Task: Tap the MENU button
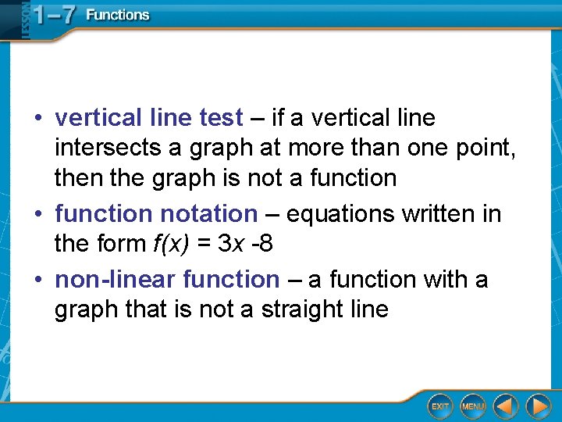473,406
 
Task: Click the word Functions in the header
117,15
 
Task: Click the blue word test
222,118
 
